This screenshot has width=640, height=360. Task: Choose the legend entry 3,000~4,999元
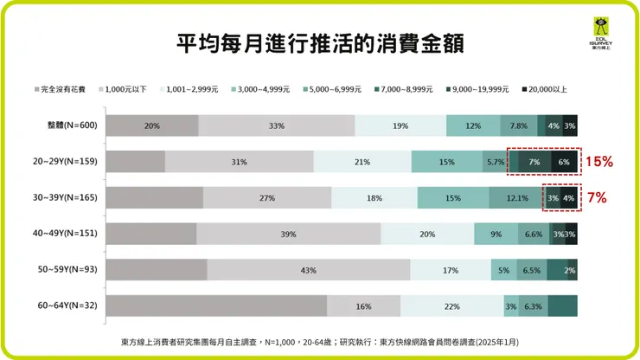coord(263,89)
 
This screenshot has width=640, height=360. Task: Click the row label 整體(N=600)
coord(72,125)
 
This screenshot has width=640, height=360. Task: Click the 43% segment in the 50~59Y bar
coord(308,270)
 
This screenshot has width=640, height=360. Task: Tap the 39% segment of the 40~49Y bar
coord(288,234)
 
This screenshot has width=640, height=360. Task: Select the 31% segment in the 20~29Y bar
coord(239,162)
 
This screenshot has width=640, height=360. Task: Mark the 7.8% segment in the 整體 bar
coord(519,125)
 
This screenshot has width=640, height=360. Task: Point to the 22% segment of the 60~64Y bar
coord(451,306)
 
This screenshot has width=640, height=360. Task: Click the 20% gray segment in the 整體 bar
coord(152,125)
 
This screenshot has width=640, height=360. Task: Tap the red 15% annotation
coord(599,162)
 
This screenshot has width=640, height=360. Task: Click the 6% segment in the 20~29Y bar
coord(564,162)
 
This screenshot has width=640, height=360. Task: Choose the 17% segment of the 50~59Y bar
coord(451,270)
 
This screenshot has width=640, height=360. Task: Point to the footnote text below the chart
coord(320,342)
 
